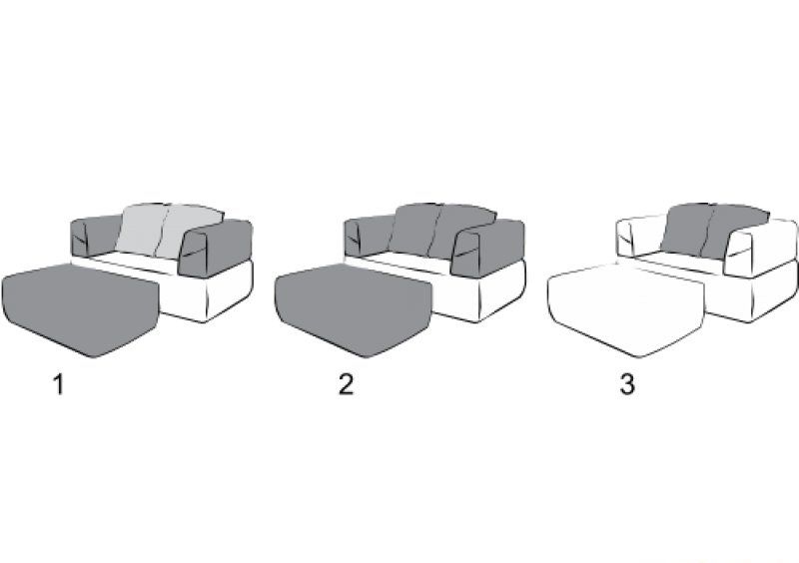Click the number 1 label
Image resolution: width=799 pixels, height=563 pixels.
click(x=59, y=384)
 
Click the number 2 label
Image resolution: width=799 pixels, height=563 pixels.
click(x=346, y=383)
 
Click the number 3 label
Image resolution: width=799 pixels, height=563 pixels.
click(x=627, y=383)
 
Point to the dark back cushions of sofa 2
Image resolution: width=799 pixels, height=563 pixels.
click(x=441, y=231)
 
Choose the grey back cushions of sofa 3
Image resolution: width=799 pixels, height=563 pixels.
click(x=714, y=231)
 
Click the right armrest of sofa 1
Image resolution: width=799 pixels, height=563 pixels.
click(x=217, y=249)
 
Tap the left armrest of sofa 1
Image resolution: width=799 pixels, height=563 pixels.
click(x=94, y=236)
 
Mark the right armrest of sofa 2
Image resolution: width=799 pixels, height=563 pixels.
click(x=489, y=249)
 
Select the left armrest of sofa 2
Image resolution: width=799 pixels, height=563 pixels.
click(x=367, y=236)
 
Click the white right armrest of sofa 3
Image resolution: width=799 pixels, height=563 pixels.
click(x=762, y=249)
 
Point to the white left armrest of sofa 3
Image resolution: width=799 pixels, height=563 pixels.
click(x=639, y=236)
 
